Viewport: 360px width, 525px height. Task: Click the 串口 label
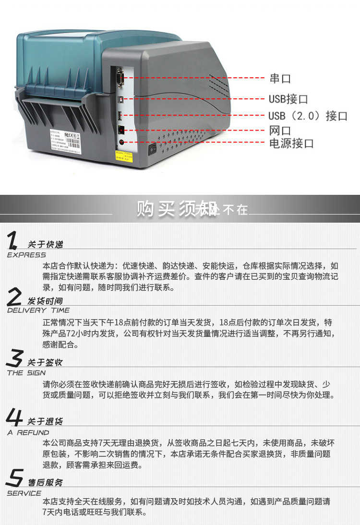click(280, 79)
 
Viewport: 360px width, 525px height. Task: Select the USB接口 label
click(288, 99)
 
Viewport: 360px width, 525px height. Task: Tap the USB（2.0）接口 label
click(308, 116)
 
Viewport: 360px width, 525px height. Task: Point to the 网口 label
click(280, 131)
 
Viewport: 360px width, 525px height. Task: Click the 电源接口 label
click(291, 143)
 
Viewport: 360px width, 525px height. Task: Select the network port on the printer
click(121, 130)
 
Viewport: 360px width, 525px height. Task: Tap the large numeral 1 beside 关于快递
click(14, 240)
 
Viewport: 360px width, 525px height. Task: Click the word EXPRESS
click(26, 255)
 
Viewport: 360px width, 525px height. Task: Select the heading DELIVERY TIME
click(38, 310)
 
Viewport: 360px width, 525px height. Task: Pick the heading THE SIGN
click(26, 373)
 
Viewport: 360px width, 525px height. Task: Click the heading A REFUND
click(28, 432)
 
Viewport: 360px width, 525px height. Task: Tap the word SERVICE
click(24, 493)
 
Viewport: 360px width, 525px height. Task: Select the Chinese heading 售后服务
click(45, 482)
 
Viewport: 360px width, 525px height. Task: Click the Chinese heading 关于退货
click(45, 421)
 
